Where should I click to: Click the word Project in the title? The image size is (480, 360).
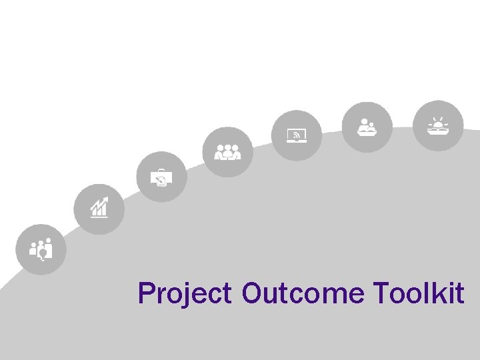click(185, 293)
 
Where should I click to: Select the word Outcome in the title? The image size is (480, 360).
click(303, 293)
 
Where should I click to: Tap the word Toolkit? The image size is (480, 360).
click(419, 293)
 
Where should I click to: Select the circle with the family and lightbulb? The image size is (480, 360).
click(41, 249)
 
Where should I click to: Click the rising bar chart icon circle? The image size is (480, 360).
click(99, 209)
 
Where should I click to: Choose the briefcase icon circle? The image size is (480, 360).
click(162, 177)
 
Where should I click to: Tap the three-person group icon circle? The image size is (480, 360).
click(228, 152)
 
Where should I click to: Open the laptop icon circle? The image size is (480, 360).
click(297, 135)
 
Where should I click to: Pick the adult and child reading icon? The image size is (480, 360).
click(367, 127)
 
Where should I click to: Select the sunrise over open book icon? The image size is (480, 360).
click(437, 125)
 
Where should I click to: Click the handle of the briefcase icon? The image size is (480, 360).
click(161, 171)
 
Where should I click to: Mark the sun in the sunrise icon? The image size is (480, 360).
click(438, 123)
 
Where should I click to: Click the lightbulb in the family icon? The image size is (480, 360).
click(43, 252)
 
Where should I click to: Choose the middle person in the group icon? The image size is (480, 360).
click(228, 151)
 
